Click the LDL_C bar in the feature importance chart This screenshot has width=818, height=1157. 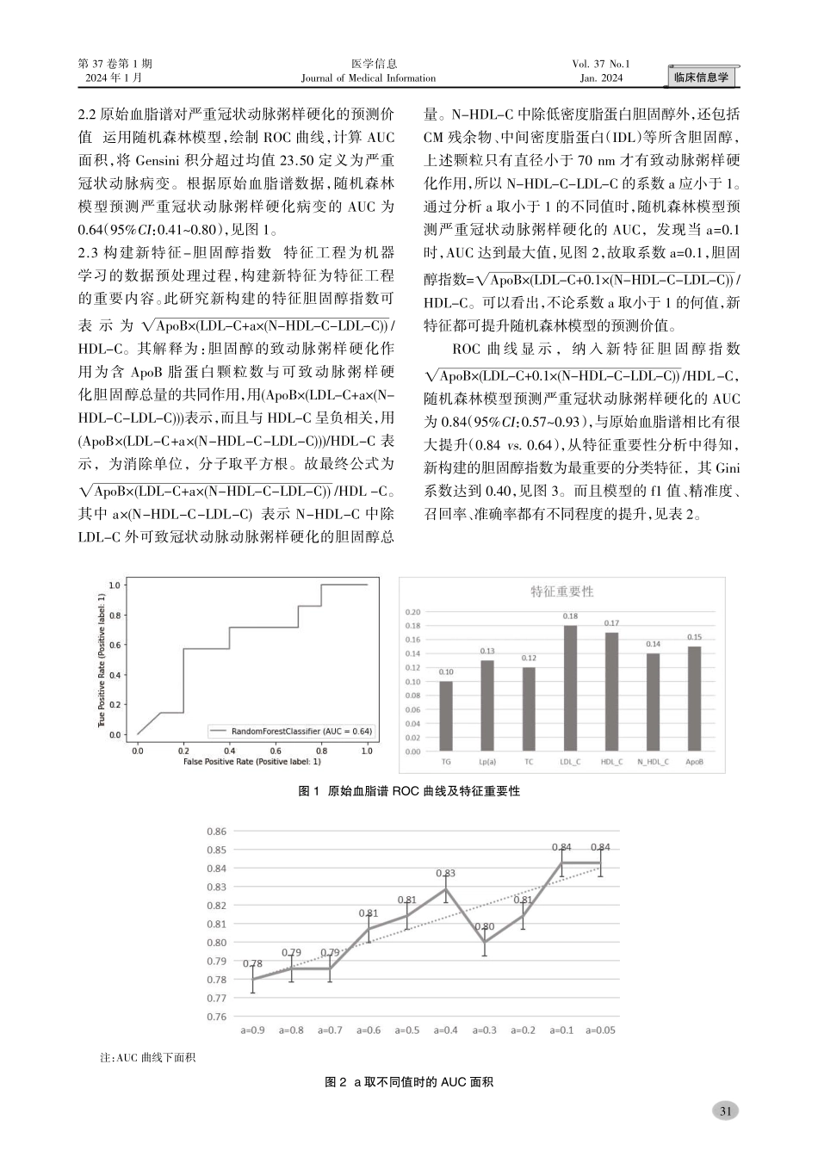570,688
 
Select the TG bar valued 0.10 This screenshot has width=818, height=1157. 446,716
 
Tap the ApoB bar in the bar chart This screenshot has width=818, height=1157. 694,698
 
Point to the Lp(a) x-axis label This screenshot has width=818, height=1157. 486,762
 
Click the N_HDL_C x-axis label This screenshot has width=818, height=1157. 653,762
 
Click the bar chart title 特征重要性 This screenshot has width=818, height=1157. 561,591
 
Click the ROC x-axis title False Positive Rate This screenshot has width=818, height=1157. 252,762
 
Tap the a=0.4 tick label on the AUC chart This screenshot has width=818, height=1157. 446,1030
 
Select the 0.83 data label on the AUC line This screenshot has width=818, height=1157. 446,873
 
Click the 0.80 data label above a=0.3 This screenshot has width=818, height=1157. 485,926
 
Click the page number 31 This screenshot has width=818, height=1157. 725,1111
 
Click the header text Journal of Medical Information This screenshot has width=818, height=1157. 369,78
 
